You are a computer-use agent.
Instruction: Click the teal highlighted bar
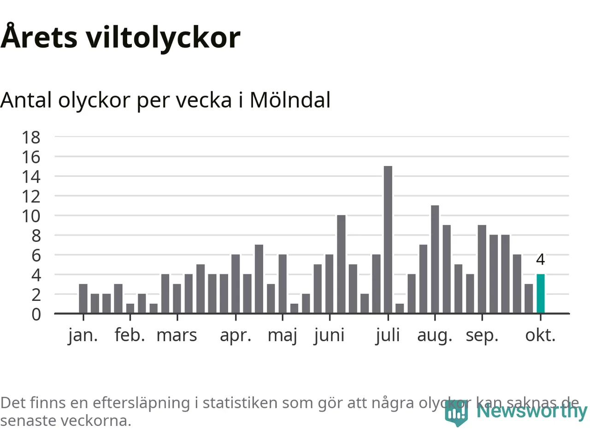[540, 294]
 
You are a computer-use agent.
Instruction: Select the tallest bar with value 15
[388, 240]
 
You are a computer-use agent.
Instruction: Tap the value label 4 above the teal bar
[540, 260]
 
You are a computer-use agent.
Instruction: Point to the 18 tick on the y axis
[31, 137]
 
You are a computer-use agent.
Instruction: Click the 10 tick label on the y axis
[31, 216]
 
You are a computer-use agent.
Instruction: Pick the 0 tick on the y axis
[36, 314]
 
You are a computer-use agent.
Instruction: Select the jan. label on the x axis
[83, 335]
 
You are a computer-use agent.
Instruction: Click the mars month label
[177, 335]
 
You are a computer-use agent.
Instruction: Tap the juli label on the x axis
[388, 335]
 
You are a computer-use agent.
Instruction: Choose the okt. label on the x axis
[540, 335]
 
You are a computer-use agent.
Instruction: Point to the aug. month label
[435, 335]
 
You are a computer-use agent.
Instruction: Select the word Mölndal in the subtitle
[290, 100]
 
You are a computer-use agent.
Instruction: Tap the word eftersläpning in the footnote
[141, 403]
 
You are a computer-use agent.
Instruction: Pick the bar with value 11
[435, 259]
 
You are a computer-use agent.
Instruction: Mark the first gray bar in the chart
[83, 299]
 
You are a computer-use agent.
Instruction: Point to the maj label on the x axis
[282, 335]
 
